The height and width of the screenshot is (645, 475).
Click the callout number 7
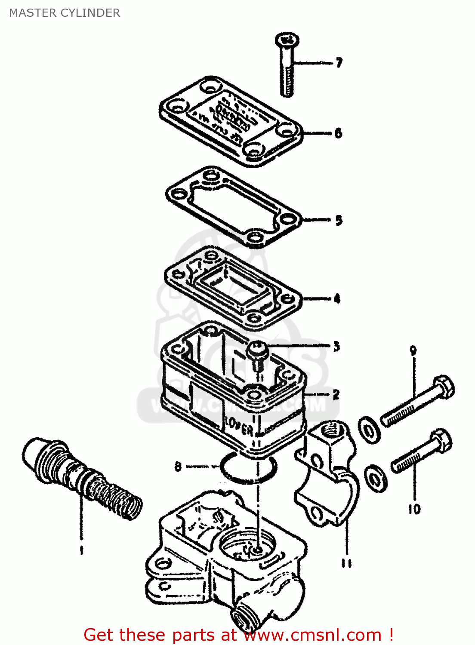click(339, 63)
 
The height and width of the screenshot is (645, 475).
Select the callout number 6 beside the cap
click(338, 133)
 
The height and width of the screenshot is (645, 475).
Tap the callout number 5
click(339, 220)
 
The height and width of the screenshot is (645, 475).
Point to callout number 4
click(337, 298)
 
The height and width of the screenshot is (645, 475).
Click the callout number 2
click(336, 394)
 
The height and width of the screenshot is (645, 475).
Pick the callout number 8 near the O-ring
click(178, 466)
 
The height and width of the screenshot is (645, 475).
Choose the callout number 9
click(413, 350)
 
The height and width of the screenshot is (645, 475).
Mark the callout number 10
click(414, 509)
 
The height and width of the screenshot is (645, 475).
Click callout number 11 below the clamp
click(347, 563)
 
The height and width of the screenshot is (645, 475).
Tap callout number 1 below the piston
click(81, 550)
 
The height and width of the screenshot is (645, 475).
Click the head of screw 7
click(287, 40)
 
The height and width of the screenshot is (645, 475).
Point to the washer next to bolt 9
click(369, 429)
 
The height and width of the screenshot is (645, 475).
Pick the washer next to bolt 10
click(376, 477)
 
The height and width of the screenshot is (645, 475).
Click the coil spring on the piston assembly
click(116, 498)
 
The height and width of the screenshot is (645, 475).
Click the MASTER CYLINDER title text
click(65, 13)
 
